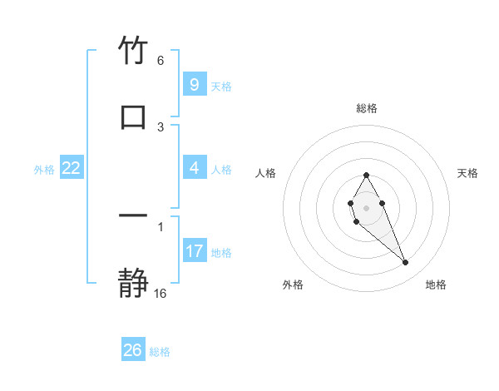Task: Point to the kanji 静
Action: [x=133, y=284]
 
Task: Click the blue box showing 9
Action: [x=194, y=84]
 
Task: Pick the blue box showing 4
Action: [x=194, y=168]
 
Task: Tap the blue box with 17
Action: [x=194, y=250]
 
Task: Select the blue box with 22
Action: [x=72, y=168]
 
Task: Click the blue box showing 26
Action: [x=133, y=350]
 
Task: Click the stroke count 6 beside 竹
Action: [x=161, y=61]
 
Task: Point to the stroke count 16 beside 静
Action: [x=161, y=293]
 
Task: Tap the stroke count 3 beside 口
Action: [x=161, y=126]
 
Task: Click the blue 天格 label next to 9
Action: [x=221, y=86]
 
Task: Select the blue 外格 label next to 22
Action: [x=44, y=170]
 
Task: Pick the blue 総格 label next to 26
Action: [x=161, y=352]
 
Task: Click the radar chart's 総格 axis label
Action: [x=366, y=108]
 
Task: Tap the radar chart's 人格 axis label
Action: [x=265, y=173]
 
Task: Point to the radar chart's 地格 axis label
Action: [x=436, y=285]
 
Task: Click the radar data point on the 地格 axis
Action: [x=406, y=263]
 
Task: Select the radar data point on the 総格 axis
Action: [x=366, y=175]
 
